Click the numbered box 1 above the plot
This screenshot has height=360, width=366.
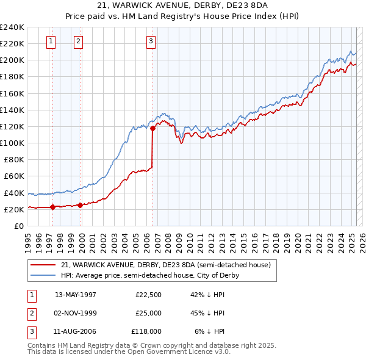(x=50, y=41)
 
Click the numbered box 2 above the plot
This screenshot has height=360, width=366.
(x=79, y=41)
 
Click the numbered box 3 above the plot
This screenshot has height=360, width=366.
(x=151, y=41)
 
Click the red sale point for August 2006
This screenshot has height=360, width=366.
(x=152, y=128)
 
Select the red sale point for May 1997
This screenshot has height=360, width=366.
(x=52, y=207)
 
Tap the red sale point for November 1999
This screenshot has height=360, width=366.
(x=80, y=205)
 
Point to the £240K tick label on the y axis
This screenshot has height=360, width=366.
(x=12, y=27)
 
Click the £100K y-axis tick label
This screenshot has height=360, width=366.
(x=12, y=143)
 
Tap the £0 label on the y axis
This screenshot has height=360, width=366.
(x=18, y=226)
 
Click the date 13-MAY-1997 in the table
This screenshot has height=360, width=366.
(x=76, y=294)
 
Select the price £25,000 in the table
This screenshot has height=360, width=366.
(x=148, y=313)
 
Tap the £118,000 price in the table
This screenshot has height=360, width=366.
(x=146, y=331)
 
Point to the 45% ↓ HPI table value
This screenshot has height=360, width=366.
(x=208, y=313)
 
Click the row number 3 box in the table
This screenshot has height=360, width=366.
(x=31, y=331)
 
